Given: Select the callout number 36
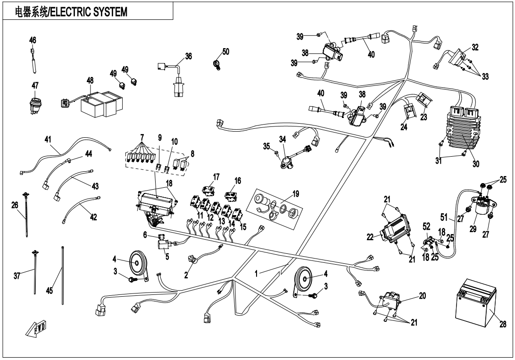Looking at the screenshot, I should click(189, 56).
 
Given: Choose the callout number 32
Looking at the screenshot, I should click(475, 47).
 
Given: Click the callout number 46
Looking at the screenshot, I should click(33, 40).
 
